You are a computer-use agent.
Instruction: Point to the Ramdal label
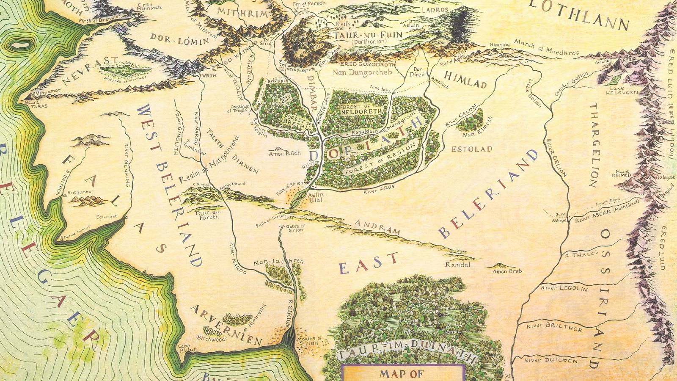click(x=455, y=265)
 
